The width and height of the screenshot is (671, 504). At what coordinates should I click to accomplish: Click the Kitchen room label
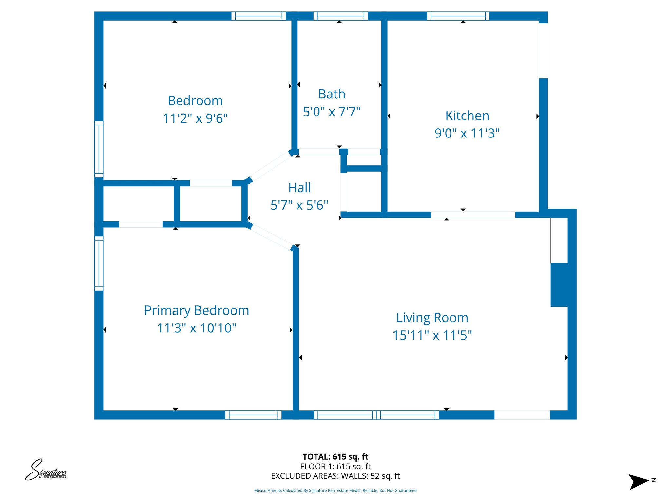467,116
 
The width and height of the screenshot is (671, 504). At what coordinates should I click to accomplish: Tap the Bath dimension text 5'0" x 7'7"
332,112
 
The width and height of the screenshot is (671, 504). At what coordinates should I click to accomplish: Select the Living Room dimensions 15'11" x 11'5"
432,335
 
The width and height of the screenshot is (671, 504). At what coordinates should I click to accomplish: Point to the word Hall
299,188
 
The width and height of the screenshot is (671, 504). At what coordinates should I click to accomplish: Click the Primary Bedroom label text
197,310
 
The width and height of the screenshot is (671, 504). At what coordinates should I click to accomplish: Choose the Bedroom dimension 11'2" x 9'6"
195,118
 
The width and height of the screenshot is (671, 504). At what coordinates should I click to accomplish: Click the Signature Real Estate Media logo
46,470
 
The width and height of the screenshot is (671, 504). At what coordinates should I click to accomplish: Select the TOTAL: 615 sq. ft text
335,457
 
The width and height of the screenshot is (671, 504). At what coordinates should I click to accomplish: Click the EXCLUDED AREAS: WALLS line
335,476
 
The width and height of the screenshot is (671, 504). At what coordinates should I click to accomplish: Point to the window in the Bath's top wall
340,16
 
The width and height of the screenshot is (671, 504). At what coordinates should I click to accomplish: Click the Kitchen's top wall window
458,16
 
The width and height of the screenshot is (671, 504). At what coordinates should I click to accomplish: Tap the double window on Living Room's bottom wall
376,415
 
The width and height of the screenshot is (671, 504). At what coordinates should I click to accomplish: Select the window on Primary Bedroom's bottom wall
253,415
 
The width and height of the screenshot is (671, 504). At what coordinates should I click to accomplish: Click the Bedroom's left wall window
99,149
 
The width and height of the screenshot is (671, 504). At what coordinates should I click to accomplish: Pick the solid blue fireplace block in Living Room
559,285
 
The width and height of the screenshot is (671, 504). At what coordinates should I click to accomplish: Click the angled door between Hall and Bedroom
269,167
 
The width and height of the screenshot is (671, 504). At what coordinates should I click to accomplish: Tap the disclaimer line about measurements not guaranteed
335,491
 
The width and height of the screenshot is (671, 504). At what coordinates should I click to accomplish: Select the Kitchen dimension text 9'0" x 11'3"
467,134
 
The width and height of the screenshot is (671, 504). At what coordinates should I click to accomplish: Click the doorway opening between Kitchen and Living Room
473,215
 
